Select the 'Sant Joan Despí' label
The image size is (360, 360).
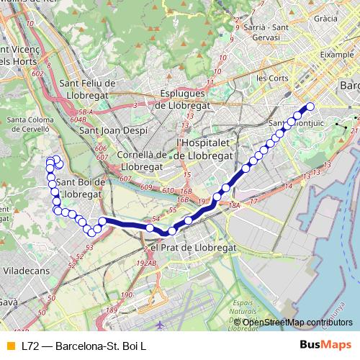[x=114, y=130]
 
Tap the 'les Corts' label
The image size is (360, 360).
[x=271, y=77]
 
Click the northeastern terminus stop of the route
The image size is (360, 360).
[x=311, y=107]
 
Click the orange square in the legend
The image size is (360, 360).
[x=9, y=346]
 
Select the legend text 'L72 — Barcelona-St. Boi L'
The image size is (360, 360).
[x=83, y=346]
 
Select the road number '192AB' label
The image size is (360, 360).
[x=147, y=263]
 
